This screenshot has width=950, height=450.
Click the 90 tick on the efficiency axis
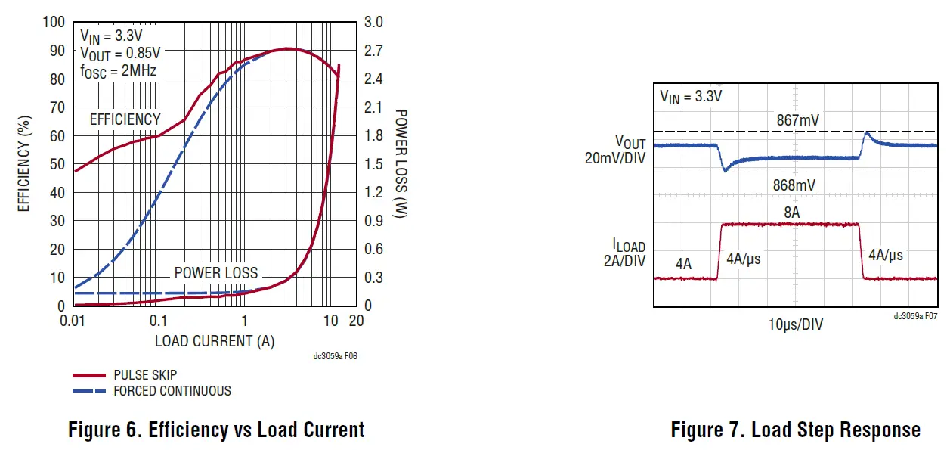tap(56, 51)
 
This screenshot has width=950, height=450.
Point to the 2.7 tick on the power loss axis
tap(374, 51)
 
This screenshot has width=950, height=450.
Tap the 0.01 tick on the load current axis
tap(74, 321)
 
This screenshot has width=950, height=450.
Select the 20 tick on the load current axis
tap(356, 321)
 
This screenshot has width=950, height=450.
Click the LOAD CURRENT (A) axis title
tap(215, 341)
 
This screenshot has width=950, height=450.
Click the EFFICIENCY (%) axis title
tap(24, 163)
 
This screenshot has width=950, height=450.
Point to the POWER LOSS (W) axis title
tap(401, 163)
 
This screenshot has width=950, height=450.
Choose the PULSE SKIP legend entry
tap(145, 375)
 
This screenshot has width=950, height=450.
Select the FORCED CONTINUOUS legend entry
tap(172, 391)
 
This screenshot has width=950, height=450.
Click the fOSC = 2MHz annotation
tap(119, 71)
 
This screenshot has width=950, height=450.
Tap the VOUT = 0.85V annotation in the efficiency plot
tap(120, 53)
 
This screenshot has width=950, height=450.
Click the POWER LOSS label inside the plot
tap(216, 273)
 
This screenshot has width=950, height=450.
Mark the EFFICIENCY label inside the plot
tap(125, 119)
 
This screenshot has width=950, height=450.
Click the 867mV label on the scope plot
tap(797, 119)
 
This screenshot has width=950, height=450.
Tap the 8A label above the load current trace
tap(791, 213)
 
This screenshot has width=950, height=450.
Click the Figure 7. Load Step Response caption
tap(795, 430)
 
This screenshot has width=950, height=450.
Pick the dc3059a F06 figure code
tap(335, 356)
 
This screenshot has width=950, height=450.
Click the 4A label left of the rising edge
tap(683, 264)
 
